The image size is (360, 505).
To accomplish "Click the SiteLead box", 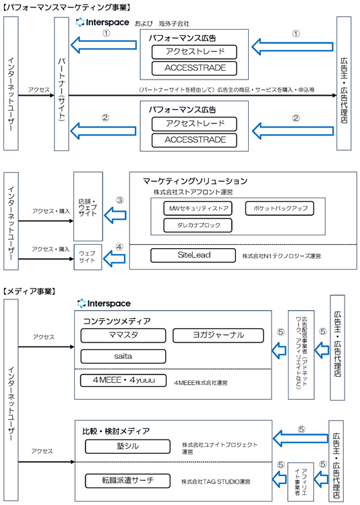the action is point(193,256).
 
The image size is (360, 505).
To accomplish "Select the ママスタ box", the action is point(123,335).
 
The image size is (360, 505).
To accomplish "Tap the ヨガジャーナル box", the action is point(218,335).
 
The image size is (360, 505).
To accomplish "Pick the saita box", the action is point(123,356).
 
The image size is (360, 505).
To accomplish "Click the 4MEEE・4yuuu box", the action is point(123,380).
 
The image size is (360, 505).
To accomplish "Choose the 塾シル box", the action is point(127,446).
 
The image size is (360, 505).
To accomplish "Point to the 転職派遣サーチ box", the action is point(127,481).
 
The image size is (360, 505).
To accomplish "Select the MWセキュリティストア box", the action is point(198,208).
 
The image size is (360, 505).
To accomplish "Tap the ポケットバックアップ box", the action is point(280,208).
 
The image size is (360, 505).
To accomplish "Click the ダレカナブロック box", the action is point(198,225).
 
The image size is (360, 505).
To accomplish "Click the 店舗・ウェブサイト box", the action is point(88,206).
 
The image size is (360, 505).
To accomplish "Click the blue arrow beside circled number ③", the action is point(115,215).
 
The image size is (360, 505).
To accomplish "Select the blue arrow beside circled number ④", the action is point(115,258).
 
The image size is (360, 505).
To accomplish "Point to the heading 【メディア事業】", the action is point(29,291).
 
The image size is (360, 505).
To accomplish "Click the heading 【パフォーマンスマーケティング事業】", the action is point(67,7).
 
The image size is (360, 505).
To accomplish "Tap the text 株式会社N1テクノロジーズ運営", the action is point(281,256).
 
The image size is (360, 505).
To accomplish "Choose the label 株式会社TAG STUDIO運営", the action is point(216,482).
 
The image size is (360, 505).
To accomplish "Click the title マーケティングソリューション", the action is point(195,181).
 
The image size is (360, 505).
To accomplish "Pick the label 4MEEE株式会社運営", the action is point(201,383).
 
